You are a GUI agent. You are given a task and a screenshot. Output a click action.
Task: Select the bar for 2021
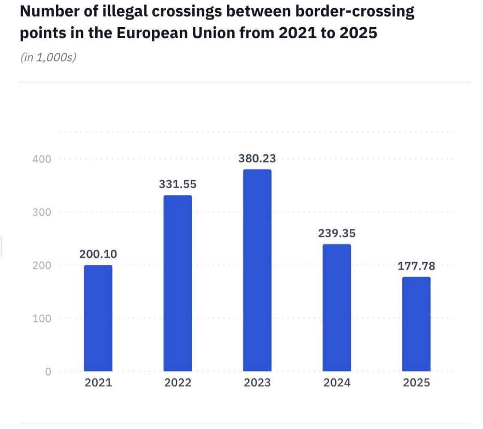click(x=98, y=318)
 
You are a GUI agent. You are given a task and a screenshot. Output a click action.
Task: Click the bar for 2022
click(x=178, y=283)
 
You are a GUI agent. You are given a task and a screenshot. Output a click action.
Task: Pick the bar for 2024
click(x=337, y=308)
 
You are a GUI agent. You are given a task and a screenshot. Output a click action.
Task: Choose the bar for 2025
click(x=416, y=324)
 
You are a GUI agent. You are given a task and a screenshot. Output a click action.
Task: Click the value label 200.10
click(x=98, y=254)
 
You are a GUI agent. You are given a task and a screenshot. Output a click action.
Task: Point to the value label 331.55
click(x=178, y=184)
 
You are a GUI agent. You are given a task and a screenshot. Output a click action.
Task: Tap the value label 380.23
click(x=257, y=159)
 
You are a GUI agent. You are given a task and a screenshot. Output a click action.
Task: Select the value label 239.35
click(x=337, y=233)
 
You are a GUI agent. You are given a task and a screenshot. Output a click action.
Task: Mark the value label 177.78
click(x=416, y=266)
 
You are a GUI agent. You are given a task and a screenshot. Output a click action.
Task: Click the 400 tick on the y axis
click(x=42, y=159)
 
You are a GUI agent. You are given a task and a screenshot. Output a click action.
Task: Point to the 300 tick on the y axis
click(x=42, y=212)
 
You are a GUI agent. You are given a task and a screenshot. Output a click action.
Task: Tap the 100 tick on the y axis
click(x=42, y=319)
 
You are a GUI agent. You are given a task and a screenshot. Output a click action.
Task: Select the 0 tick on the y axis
click(x=48, y=372)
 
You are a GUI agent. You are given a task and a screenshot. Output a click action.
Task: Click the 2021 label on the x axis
click(x=98, y=383)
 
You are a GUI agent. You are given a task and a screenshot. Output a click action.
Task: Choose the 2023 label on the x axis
click(x=257, y=383)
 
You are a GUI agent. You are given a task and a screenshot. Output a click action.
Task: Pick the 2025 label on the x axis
click(x=416, y=383)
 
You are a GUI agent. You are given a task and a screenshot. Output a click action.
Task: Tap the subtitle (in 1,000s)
click(x=48, y=57)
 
